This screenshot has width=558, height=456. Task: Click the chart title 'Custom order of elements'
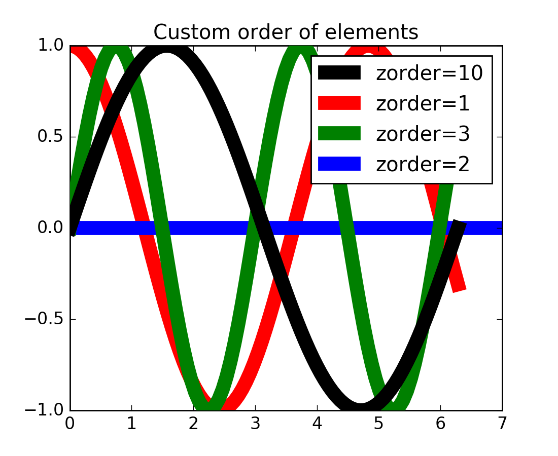pyautogui.click(x=286, y=32)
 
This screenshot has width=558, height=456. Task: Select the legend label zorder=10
pyautogui.click(x=429, y=73)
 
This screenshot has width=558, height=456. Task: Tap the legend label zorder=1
pyautogui.click(x=422, y=104)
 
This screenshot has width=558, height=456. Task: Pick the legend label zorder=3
pyautogui.click(x=422, y=134)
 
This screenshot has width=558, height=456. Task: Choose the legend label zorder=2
pyautogui.click(x=422, y=164)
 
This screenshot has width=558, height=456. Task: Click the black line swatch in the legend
pyautogui.click(x=339, y=73)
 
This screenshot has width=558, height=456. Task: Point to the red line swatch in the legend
pyautogui.click(x=339, y=103)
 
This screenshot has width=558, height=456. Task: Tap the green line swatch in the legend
pyautogui.click(x=339, y=134)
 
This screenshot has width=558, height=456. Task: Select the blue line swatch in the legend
pyautogui.click(x=339, y=164)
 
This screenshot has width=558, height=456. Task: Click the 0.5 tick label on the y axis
pyautogui.click(x=49, y=137)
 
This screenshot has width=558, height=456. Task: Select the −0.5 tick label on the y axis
pyautogui.click(x=45, y=319)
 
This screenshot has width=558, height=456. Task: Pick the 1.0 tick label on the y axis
pyautogui.click(x=49, y=46)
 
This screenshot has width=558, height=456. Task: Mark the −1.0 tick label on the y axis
pyautogui.click(x=45, y=410)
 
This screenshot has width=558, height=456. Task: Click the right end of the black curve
pyautogui.click(x=459, y=224)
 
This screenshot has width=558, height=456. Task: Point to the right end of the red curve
pyautogui.click(x=460, y=289)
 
